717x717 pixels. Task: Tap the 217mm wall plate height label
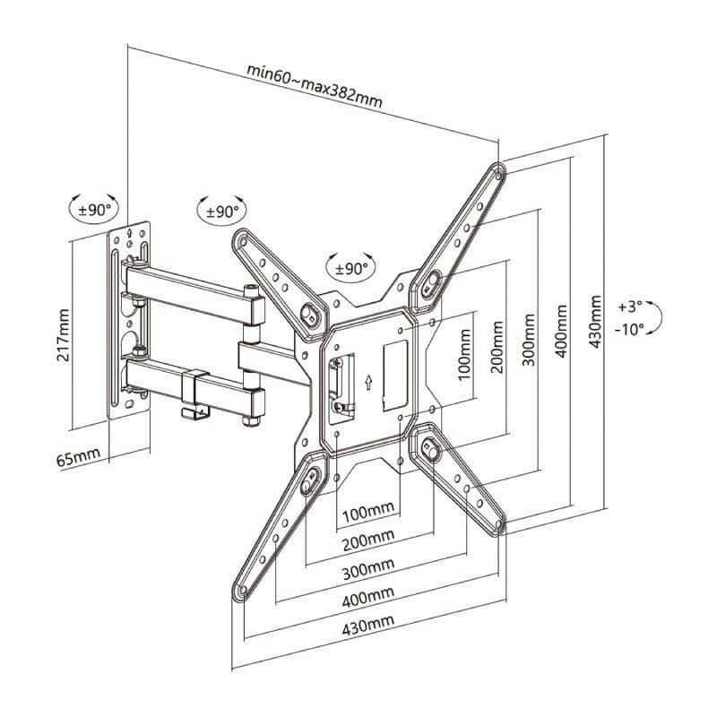click(64, 334)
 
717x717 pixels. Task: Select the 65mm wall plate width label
click(78, 459)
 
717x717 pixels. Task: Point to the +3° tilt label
click(631, 306)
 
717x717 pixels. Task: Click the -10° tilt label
click(630, 329)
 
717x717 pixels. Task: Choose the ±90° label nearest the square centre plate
click(351, 267)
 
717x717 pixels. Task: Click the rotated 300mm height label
click(529, 340)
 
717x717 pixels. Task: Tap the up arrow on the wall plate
click(131, 235)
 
